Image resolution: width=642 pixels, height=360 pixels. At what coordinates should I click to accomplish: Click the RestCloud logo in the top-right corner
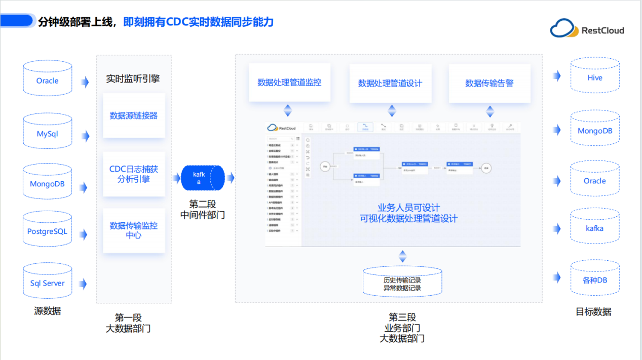(587, 29)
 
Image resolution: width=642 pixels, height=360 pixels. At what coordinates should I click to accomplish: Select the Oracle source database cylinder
(48, 78)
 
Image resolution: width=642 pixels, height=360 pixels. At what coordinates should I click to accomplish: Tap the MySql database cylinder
(48, 133)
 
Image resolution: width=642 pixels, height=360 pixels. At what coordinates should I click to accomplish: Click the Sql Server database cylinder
(48, 282)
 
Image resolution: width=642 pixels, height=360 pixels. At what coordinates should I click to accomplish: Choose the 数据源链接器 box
(134, 115)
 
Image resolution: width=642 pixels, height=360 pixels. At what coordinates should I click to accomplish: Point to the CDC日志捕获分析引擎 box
(134, 174)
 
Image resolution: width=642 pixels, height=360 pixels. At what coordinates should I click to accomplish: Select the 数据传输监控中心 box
(134, 230)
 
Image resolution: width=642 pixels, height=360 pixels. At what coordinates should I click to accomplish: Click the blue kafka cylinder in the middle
(202, 178)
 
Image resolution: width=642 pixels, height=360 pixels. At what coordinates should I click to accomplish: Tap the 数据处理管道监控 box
(289, 83)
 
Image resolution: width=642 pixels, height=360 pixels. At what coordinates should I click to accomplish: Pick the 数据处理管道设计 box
(390, 83)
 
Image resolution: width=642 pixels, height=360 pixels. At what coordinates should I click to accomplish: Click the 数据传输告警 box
(489, 83)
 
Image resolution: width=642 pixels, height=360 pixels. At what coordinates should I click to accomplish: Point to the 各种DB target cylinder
(595, 278)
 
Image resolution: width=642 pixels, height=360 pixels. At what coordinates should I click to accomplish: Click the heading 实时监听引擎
(133, 79)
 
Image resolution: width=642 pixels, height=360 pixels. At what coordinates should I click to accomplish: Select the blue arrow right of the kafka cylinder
(231, 178)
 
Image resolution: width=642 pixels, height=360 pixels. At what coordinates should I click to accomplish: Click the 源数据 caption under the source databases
(47, 311)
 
